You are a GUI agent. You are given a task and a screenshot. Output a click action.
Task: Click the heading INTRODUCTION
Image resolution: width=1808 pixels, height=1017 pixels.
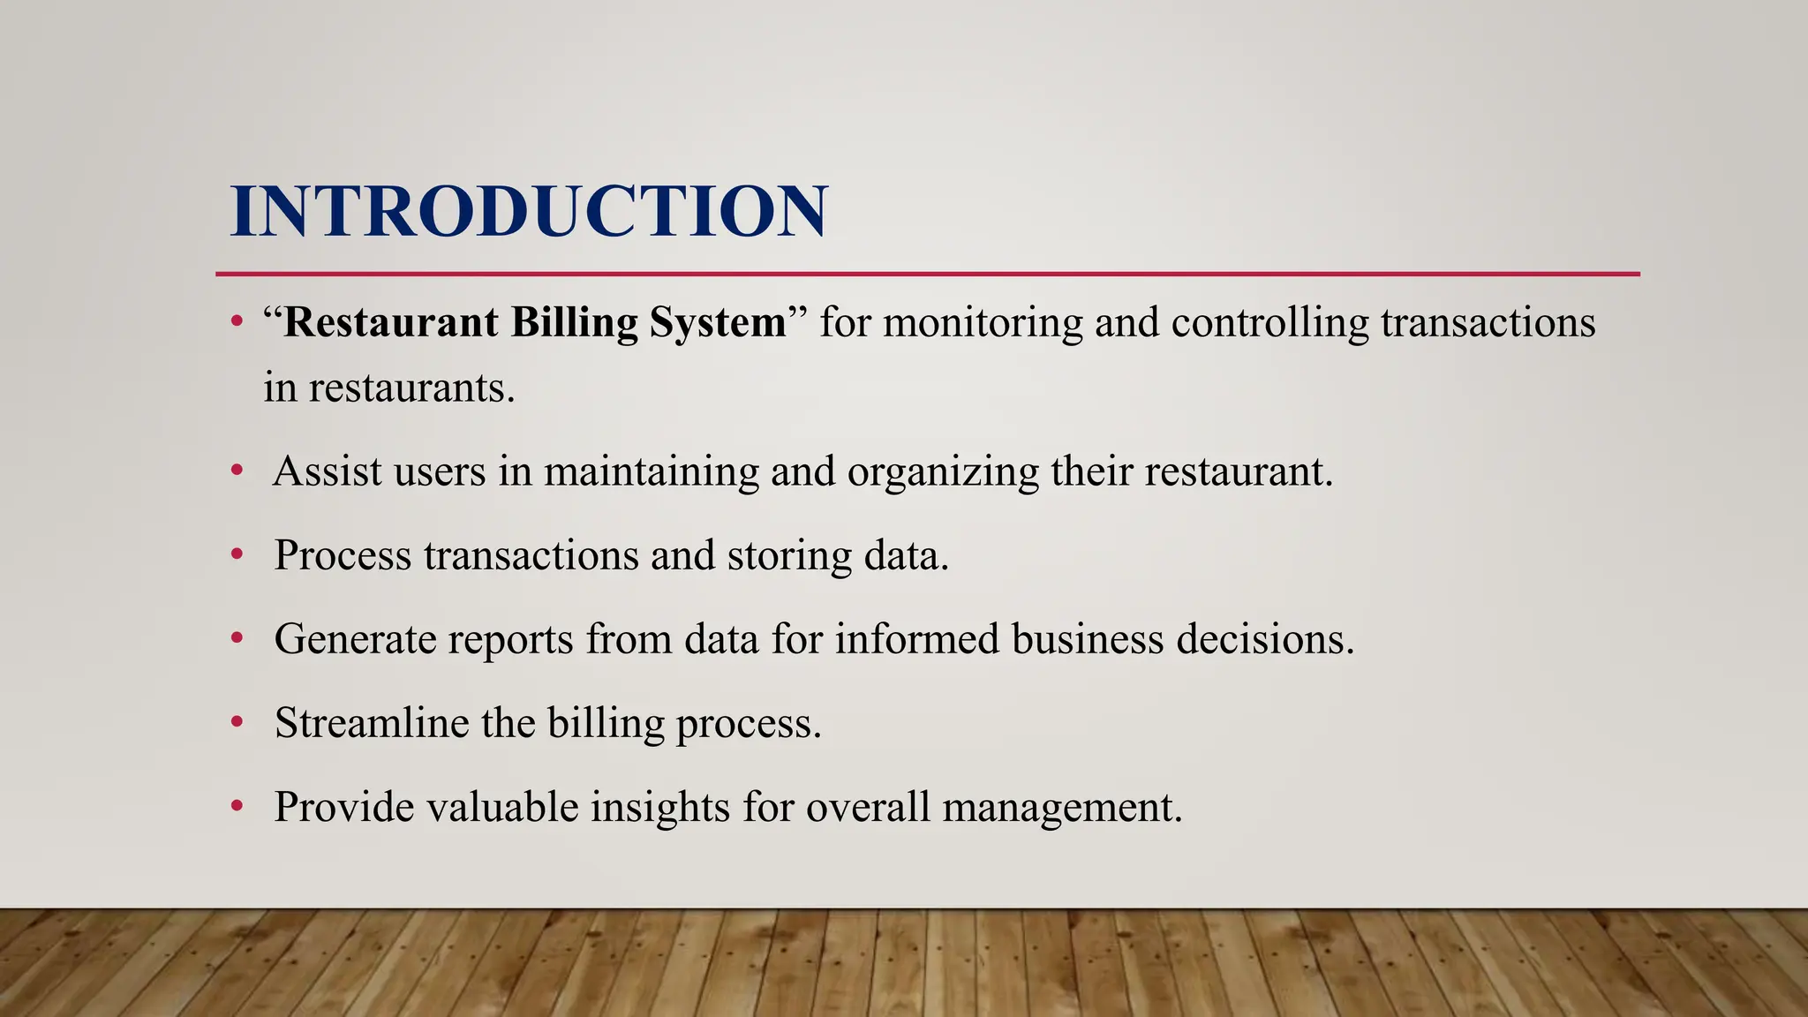tap(529, 211)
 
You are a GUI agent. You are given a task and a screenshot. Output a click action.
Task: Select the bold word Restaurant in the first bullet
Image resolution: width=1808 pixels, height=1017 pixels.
tap(391, 321)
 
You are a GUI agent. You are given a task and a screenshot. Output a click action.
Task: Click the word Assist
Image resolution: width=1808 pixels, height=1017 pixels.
tap(328, 471)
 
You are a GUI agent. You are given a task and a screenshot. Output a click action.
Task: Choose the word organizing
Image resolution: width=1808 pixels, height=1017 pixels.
tap(943, 472)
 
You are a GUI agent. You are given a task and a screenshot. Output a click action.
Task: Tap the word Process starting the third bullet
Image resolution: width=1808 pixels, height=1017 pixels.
tap(343, 555)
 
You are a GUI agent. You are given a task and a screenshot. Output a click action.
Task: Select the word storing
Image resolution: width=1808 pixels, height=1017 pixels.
tap(789, 556)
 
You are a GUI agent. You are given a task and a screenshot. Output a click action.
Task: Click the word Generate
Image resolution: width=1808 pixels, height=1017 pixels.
tap(355, 639)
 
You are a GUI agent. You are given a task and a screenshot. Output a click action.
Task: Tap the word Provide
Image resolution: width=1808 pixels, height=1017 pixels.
tap(343, 806)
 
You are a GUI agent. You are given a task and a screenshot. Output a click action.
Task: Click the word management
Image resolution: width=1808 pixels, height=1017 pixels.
tap(1062, 807)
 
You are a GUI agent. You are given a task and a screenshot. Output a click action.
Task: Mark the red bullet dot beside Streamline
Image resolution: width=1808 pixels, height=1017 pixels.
tap(236, 723)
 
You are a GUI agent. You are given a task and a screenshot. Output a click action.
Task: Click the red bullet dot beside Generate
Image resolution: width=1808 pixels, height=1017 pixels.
tap(236, 639)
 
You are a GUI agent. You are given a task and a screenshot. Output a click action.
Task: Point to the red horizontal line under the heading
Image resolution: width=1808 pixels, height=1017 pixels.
tap(927, 274)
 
